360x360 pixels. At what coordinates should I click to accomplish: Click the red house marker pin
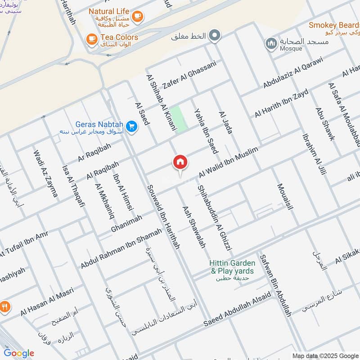[180, 162]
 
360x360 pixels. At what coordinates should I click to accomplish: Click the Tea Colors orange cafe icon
[92, 40]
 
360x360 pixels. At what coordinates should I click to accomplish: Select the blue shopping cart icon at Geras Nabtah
[132, 126]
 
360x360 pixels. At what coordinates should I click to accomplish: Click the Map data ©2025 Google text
[324, 355]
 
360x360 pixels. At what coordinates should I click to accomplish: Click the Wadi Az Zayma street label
[45, 173]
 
